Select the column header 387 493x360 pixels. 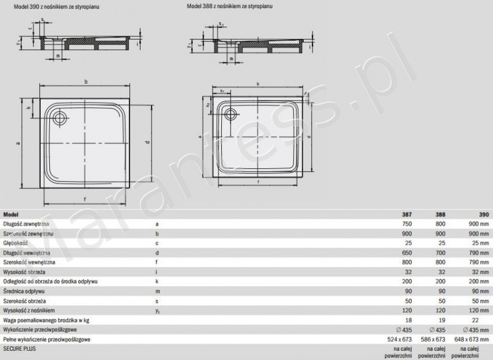407,214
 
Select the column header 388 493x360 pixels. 441,214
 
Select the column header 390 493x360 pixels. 484,214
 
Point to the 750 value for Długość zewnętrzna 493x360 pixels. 407,224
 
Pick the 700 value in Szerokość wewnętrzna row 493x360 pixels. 441,262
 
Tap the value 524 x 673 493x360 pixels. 401,338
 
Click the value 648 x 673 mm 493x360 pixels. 475,338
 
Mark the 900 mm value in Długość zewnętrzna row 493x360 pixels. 478,224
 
